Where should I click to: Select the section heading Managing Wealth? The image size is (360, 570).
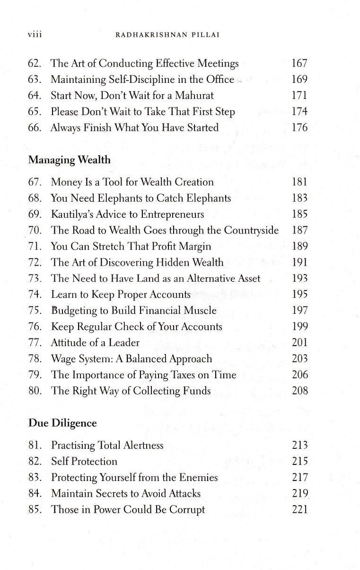(x=70, y=160)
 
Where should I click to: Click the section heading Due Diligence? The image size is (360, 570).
(x=62, y=423)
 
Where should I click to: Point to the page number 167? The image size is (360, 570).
(x=299, y=63)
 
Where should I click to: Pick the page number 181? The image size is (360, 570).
(x=299, y=182)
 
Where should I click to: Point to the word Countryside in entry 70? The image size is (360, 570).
(x=251, y=230)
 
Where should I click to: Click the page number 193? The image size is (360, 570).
(x=299, y=278)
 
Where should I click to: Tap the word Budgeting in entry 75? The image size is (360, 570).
(x=73, y=311)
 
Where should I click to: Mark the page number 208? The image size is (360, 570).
(x=299, y=391)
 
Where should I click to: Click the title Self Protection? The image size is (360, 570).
(x=84, y=462)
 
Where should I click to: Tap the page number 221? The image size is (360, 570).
(x=299, y=510)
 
